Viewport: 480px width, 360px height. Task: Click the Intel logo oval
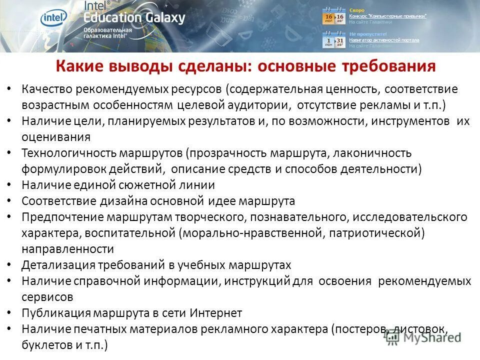(54, 18)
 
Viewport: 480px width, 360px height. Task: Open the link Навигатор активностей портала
(384, 40)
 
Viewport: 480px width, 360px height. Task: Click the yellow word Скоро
(356, 10)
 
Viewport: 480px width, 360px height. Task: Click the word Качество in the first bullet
(46, 89)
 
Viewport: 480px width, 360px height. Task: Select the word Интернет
(215, 313)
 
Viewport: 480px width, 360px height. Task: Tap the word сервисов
(47, 297)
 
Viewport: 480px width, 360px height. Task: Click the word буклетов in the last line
(44, 345)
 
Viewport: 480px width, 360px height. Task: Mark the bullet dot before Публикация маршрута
(10, 313)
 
